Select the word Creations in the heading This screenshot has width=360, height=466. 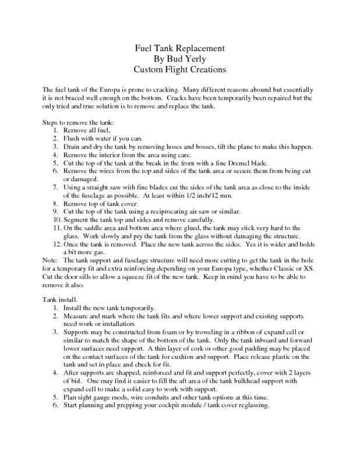[x=202, y=70]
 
